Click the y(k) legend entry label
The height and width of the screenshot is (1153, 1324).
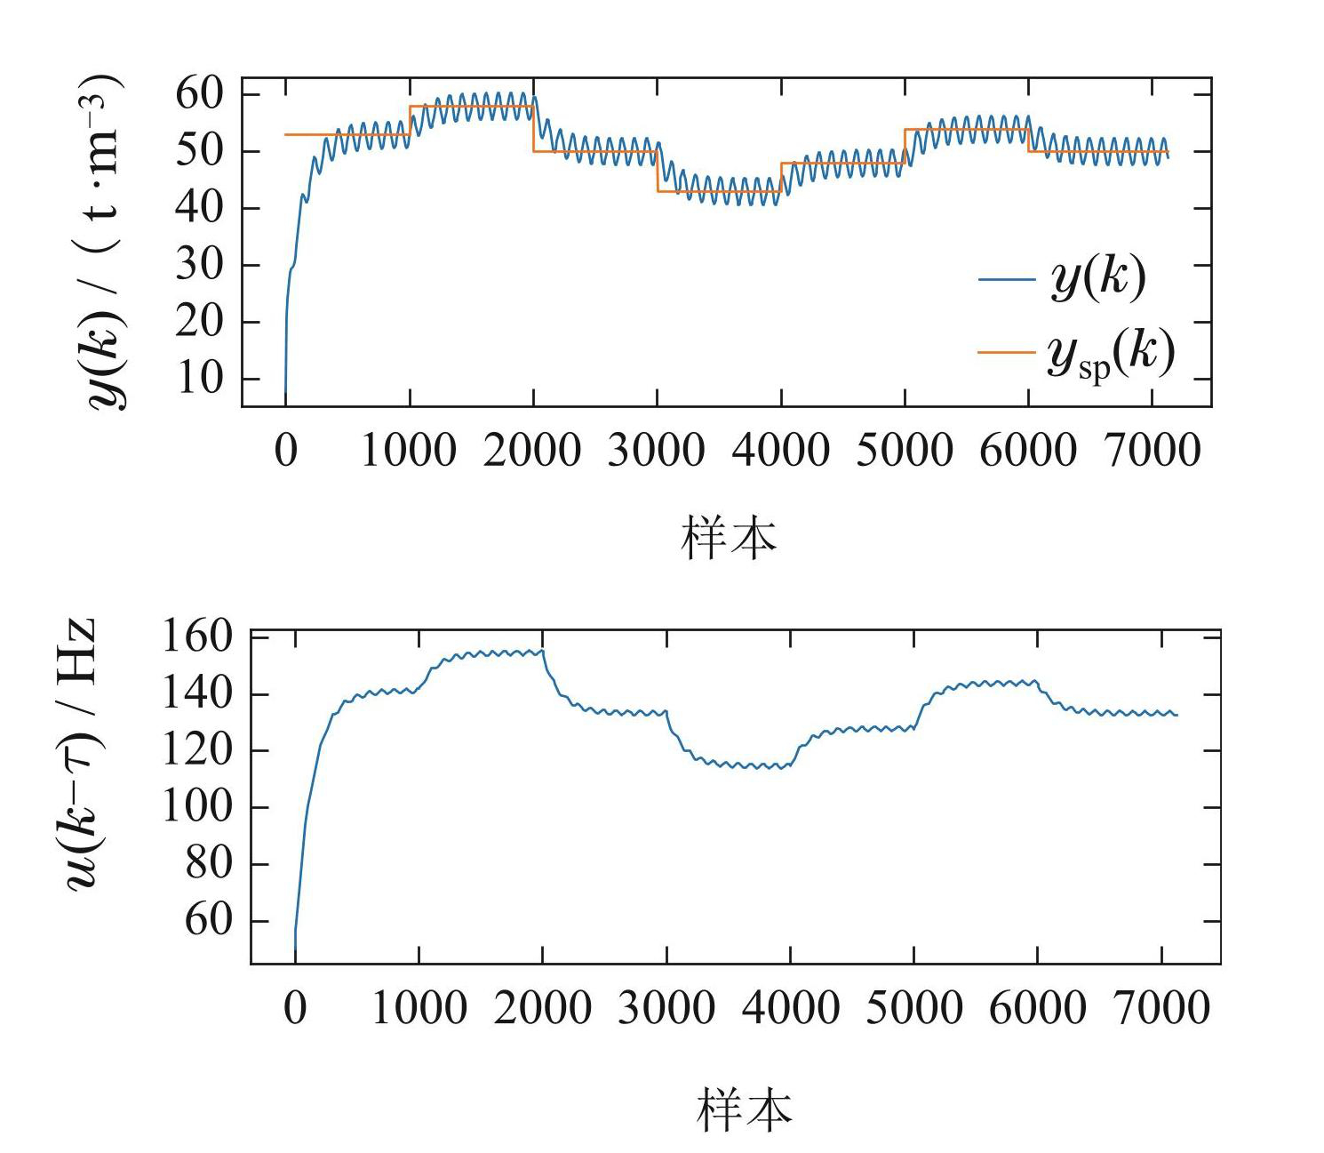point(1098,279)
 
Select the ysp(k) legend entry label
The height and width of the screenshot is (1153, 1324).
point(1111,353)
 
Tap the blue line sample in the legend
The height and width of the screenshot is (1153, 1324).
point(1007,279)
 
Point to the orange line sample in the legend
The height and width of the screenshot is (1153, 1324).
point(1007,352)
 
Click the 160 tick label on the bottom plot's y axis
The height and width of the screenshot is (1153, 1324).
point(196,637)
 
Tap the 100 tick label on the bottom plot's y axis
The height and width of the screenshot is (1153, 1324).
point(196,807)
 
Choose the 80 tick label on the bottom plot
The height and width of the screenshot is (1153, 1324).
point(208,864)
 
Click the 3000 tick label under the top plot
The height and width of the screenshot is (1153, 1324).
point(656,451)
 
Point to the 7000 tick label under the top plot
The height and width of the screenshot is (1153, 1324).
point(1152,451)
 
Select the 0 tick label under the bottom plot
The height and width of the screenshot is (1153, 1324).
point(295,1009)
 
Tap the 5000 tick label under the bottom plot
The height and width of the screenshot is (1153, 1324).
point(913,1009)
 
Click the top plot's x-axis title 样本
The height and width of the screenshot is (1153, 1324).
point(729,538)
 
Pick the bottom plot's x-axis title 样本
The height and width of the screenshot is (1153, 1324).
point(744,1109)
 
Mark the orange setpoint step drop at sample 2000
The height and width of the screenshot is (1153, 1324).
point(533,129)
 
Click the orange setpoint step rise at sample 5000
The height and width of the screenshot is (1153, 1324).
point(905,147)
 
